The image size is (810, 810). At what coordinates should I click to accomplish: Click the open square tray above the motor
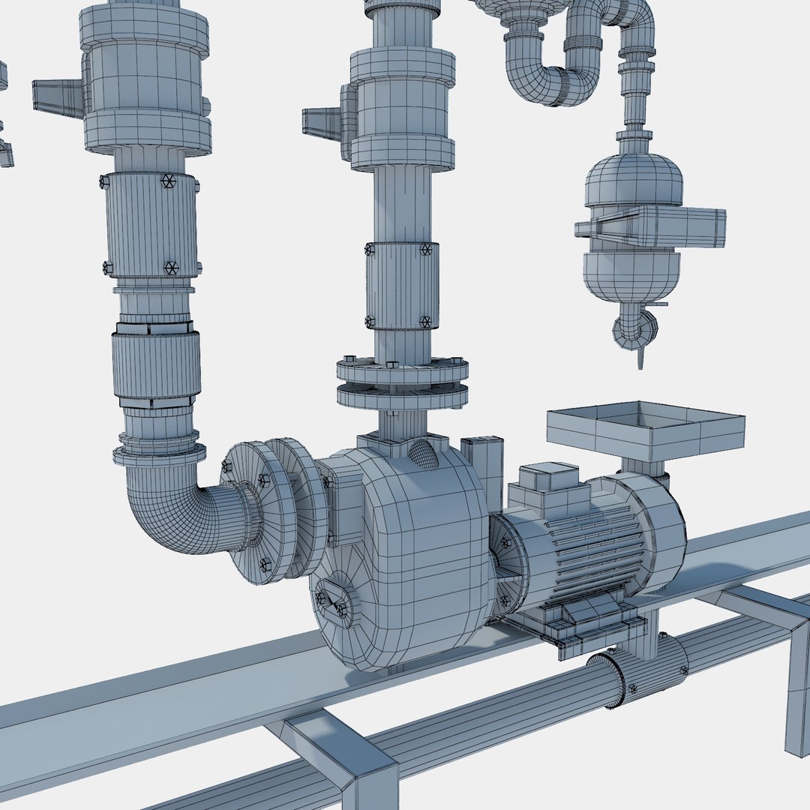[645, 430]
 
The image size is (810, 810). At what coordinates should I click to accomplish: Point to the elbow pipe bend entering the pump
[172, 510]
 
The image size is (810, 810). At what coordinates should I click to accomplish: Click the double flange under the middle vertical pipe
[402, 382]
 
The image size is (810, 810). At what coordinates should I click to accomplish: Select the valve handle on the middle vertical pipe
[322, 121]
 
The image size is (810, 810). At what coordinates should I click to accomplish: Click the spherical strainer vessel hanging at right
[634, 225]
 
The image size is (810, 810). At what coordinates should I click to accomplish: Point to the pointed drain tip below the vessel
[640, 358]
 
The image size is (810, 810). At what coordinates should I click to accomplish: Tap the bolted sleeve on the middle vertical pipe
[401, 285]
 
